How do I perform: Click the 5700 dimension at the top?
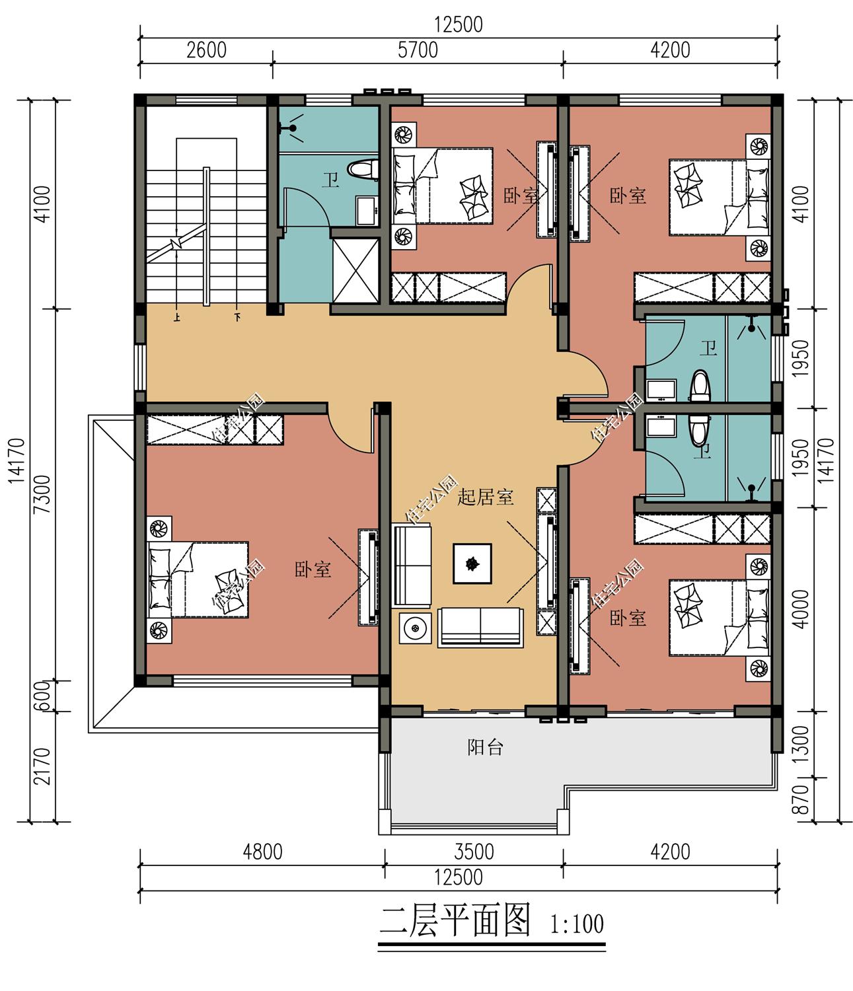pyautogui.click(x=418, y=50)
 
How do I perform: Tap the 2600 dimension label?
pyautogui.click(x=206, y=50)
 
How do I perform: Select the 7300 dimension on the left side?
pyautogui.click(x=43, y=494)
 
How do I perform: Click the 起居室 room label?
pyautogui.click(x=485, y=497)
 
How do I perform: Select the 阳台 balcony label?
pyautogui.click(x=485, y=747)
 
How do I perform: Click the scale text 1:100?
pyautogui.click(x=577, y=924)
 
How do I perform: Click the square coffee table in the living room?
pyautogui.click(x=472, y=564)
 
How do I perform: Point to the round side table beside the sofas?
pyautogui.click(x=415, y=628)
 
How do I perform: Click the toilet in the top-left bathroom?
pyautogui.click(x=363, y=168)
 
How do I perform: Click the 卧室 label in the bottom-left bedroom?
pyautogui.click(x=313, y=570)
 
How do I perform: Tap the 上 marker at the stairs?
pyautogui.click(x=177, y=317)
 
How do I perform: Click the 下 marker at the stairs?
pyautogui.click(x=237, y=317)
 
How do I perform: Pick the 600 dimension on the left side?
pyautogui.click(x=43, y=696)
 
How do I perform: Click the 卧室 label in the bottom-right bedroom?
pyautogui.click(x=628, y=618)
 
